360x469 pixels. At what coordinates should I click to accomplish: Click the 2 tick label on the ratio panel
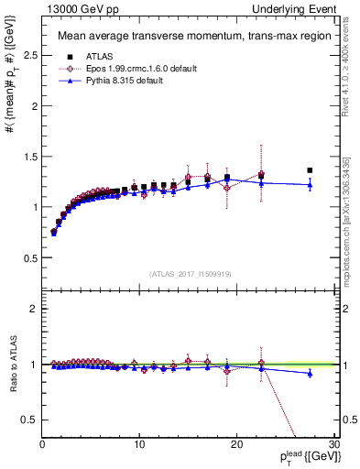point(34,309)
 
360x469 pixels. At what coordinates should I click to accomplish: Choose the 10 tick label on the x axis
point(139,445)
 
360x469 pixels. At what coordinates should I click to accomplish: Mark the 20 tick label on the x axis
point(237,445)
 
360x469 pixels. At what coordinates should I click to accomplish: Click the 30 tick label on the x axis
point(334,445)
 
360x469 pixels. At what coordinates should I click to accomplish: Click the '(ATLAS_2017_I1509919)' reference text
point(189,274)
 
